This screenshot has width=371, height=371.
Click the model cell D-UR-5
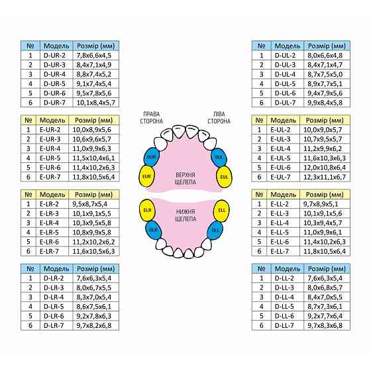[x=54, y=83]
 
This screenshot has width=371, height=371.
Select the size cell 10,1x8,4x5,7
[x=96, y=103]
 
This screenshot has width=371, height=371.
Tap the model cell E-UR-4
[x=50, y=148]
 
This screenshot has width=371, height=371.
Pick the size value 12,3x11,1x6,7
[x=325, y=177]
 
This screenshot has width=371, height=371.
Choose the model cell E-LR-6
[x=49, y=242]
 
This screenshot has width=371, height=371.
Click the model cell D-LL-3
[x=284, y=288]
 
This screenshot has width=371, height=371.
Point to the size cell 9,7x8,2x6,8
[x=94, y=325]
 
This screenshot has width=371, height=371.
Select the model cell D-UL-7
[x=285, y=103]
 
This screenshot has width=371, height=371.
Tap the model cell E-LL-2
[x=280, y=204]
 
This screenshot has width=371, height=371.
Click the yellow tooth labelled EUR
[x=146, y=176]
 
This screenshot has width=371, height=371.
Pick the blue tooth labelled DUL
[x=219, y=157]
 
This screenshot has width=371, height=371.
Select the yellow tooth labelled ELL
[x=221, y=211]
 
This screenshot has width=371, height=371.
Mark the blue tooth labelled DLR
[x=153, y=230]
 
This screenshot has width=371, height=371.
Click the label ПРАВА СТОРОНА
[x=152, y=118]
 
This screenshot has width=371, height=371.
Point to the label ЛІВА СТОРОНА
[x=219, y=118]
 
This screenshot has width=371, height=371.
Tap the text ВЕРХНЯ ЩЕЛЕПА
[x=185, y=178]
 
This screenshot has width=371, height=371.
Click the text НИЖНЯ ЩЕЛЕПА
[x=185, y=215]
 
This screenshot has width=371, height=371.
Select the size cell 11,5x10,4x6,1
[x=93, y=158]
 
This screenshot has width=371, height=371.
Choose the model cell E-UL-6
[x=280, y=168]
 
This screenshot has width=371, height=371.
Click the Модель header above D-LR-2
[x=56, y=269]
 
